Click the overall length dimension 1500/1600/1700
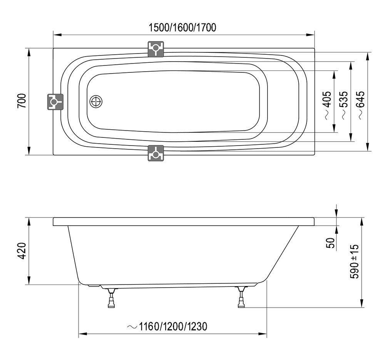point(182,27)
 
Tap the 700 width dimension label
point(22,100)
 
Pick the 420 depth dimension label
point(22,251)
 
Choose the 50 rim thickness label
point(331,243)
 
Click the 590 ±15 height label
point(354,261)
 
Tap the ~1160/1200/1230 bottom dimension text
point(167,327)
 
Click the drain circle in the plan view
point(96,101)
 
